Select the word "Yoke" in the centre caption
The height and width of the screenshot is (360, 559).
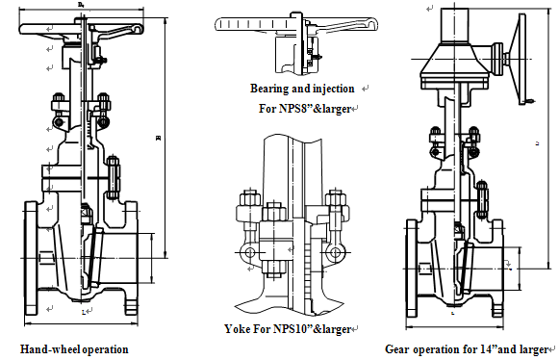[x=236, y=329]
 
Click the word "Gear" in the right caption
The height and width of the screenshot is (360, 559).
[x=399, y=348]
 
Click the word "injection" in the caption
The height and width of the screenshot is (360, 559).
[x=332, y=89]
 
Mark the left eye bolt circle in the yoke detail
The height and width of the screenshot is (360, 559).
[x=249, y=252]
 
